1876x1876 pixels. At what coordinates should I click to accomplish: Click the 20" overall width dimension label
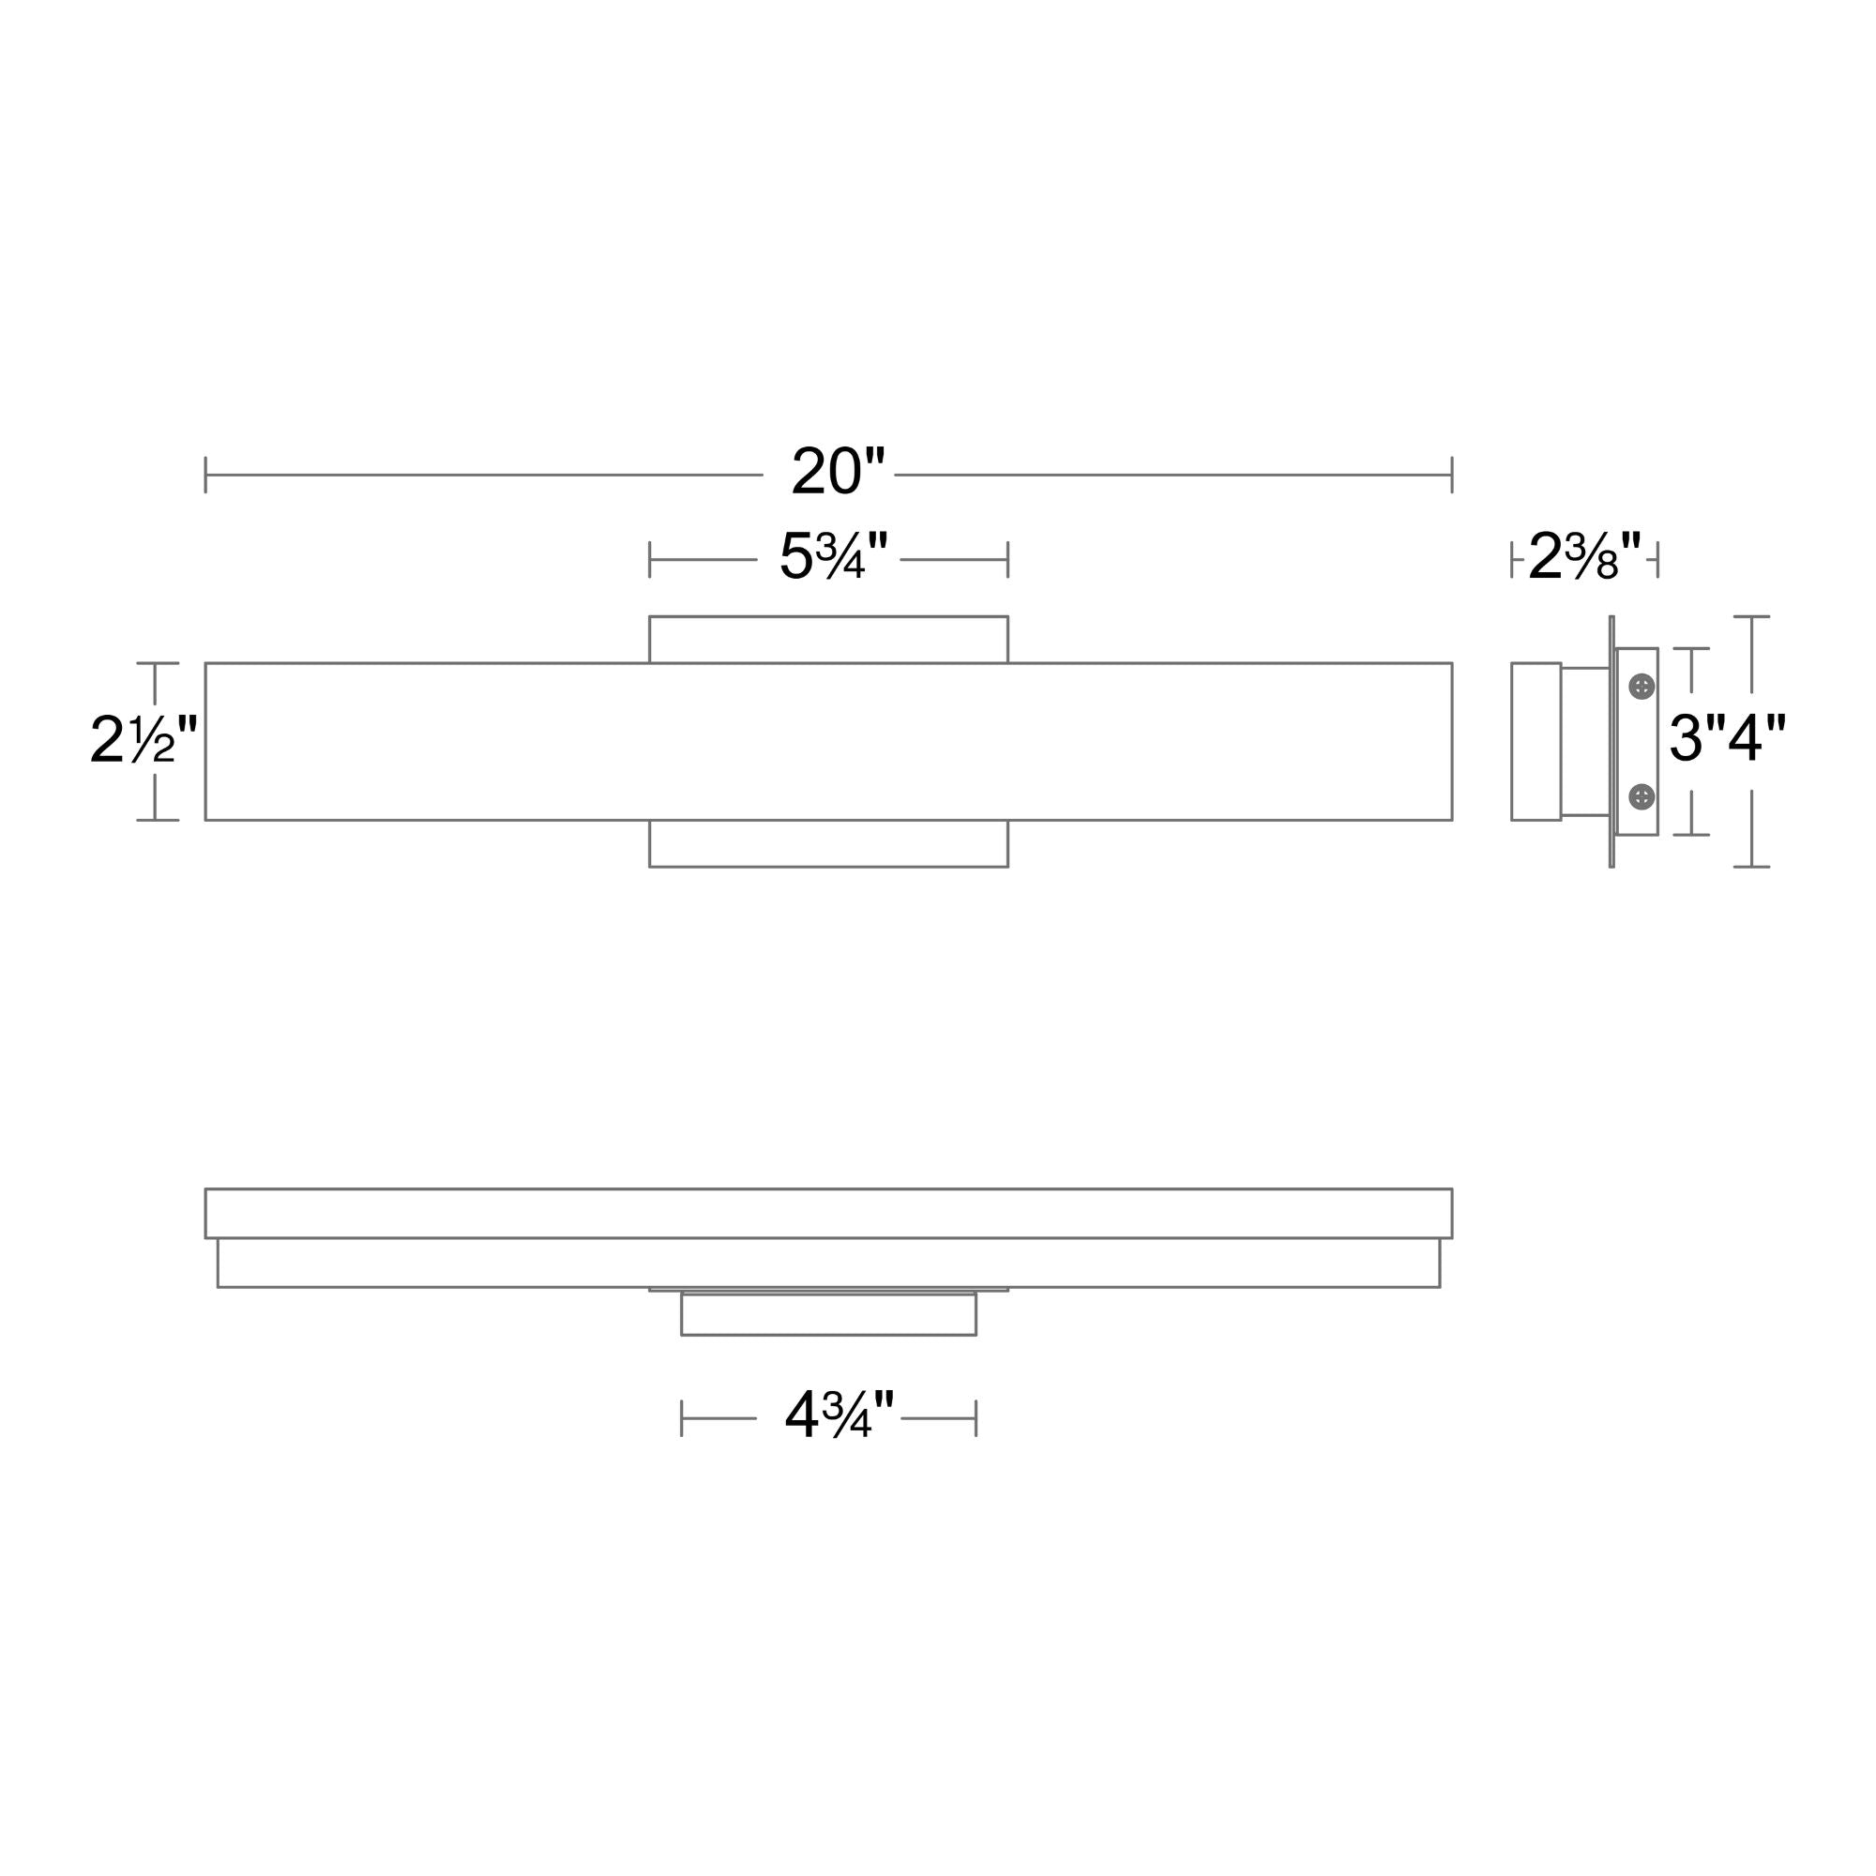click(839, 471)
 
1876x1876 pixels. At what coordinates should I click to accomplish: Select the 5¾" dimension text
click(834, 556)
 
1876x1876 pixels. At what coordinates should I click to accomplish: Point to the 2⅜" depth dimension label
click(1584, 556)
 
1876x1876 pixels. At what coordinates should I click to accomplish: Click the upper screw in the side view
click(1641, 687)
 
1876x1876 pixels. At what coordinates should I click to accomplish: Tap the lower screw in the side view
click(1641, 796)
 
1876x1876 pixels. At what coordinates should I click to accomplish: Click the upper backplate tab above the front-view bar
click(828, 639)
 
